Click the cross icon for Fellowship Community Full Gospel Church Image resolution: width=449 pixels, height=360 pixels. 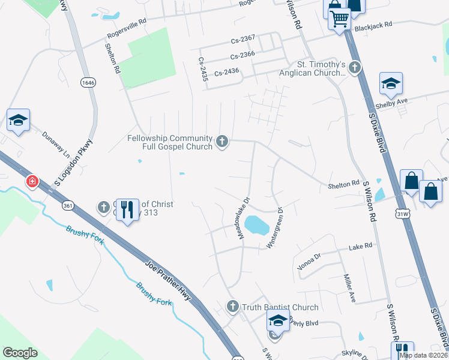(x=222, y=142)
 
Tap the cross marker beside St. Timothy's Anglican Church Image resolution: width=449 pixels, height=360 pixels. (x=355, y=67)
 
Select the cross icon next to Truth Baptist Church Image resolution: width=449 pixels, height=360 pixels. (x=233, y=307)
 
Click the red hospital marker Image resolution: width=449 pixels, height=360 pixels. (x=31, y=181)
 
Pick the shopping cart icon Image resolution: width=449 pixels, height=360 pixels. (x=339, y=20)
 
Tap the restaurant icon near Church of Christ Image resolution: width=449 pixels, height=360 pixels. (x=126, y=209)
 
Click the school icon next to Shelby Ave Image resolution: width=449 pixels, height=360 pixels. (x=391, y=84)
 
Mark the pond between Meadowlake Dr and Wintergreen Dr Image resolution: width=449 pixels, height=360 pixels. (x=257, y=226)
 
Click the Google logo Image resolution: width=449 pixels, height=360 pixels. (x=20, y=353)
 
